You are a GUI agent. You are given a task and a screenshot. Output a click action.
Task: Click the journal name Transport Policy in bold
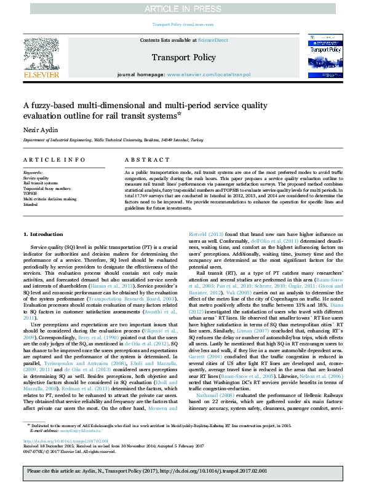coord(182,57)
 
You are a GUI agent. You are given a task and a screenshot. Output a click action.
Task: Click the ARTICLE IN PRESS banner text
coord(183,9)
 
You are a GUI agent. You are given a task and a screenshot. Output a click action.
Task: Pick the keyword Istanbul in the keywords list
coord(31,205)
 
